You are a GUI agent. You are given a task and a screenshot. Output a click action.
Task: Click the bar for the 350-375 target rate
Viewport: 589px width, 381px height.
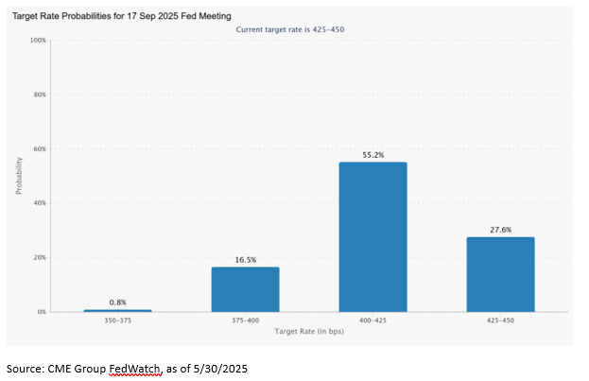tap(117, 310)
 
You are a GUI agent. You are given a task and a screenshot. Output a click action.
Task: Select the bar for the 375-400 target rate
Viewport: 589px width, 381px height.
tap(245, 289)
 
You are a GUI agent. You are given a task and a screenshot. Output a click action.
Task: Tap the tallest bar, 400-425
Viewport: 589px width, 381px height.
tap(372, 236)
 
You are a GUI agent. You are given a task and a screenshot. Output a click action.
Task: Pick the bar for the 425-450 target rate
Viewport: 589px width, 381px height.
tap(500, 274)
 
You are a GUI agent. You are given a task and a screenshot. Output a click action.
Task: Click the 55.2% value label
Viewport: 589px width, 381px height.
tap(372, 154)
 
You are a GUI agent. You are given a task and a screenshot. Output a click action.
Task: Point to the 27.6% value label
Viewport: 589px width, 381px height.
tap(500, 229)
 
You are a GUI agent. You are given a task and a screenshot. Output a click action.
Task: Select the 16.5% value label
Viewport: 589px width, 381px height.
tap(245, 259)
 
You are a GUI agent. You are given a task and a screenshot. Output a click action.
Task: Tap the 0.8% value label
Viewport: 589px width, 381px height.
tap(117, 302)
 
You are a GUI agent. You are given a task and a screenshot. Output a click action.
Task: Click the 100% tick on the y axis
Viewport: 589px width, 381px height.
tap(38, 41)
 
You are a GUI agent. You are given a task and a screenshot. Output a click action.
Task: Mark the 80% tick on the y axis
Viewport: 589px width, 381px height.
tap(40, 95)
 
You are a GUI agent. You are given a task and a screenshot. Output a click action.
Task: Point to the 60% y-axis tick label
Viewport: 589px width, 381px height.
tap(40, 149)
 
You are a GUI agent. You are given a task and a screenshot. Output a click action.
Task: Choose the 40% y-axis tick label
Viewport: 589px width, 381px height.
tap(40, 203)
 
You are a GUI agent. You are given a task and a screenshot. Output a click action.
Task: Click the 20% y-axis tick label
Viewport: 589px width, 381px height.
tap(40, 257)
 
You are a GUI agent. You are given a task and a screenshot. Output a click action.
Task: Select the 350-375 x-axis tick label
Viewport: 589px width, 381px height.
tap(117, 321)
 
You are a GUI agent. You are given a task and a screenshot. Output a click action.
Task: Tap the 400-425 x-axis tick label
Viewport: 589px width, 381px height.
tap(372, 321)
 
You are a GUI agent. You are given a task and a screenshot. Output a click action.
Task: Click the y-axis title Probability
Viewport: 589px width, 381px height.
tap(18, 175)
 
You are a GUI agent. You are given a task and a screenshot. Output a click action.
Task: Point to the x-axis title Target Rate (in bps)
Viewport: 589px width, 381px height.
tap(309, 332)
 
